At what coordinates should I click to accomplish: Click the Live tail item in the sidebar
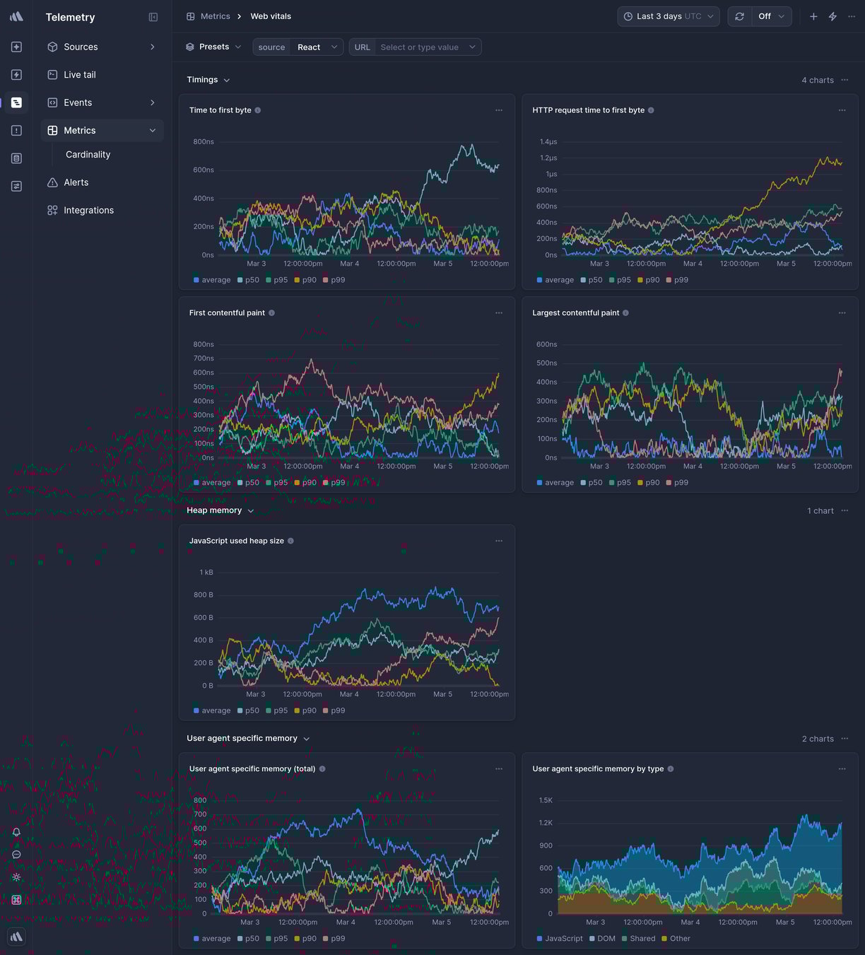(x=79, y=75)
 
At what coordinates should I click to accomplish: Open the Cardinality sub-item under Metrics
(x=88, y=155)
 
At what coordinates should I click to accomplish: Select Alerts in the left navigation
(x=76, y=182)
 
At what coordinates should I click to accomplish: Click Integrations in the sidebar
(x=88, y=211)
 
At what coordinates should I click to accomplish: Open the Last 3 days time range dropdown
(x=668, y=16)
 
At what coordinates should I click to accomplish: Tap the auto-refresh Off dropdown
(x=770, y=16)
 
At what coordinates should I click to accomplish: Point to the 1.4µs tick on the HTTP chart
(x=548, y=142)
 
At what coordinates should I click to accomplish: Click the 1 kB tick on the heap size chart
(x=206, y=573)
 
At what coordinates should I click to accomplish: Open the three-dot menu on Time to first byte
(x=499, y=110)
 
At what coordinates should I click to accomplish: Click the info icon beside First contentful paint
(x=272, y=313)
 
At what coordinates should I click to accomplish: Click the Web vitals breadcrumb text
(x=271, y=16)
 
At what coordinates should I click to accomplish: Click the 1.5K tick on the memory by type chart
(x=546, y=801)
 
